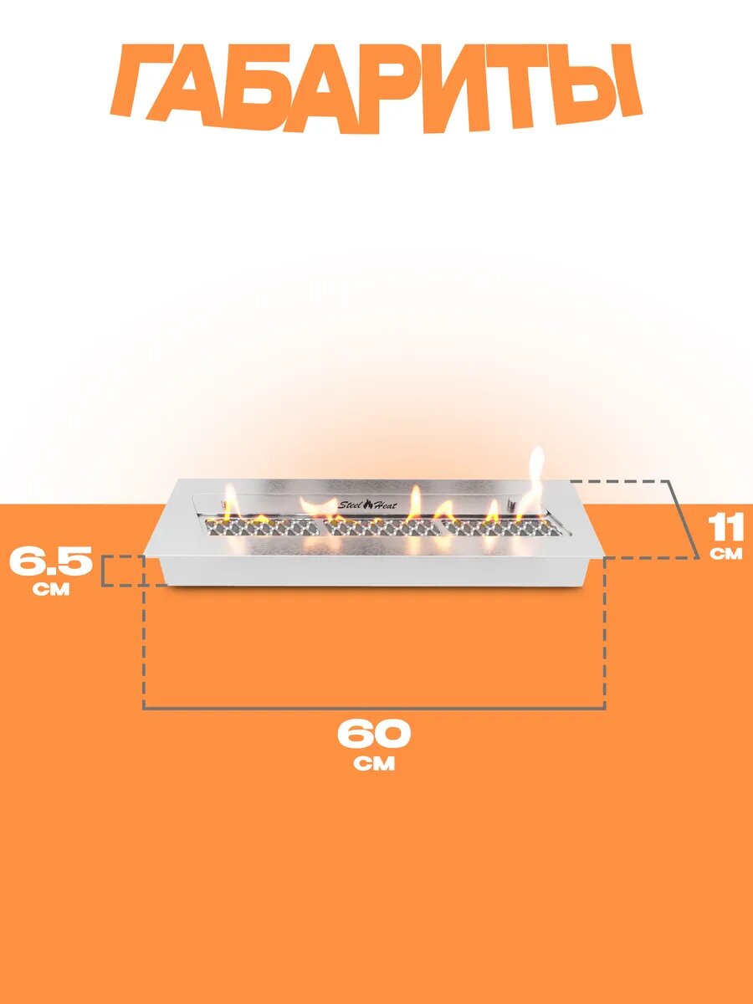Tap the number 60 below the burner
(x=374, y=734)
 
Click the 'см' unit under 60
(x=374, y=764)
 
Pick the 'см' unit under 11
(x=726, y=554)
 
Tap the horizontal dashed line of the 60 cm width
(x=374, y=708)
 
